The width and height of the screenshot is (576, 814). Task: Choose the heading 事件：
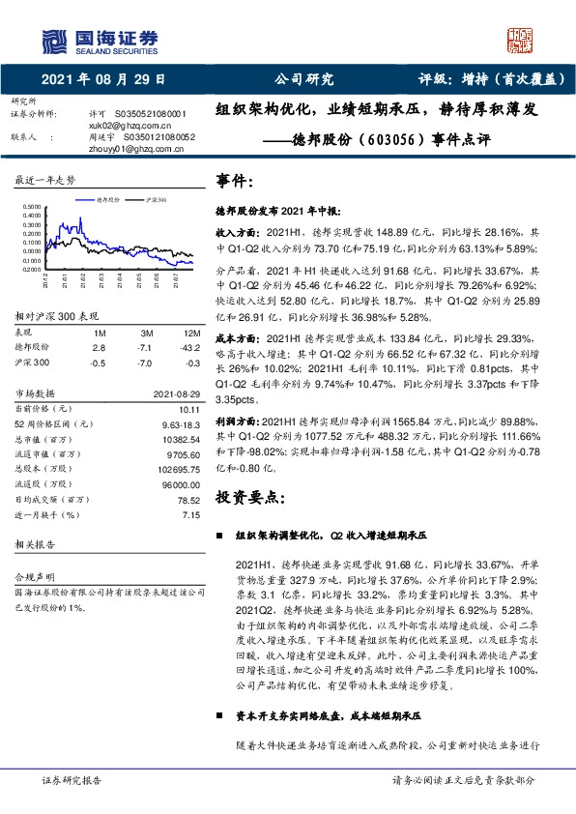(236, 181)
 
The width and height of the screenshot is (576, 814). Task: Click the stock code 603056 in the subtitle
(391, 139)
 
